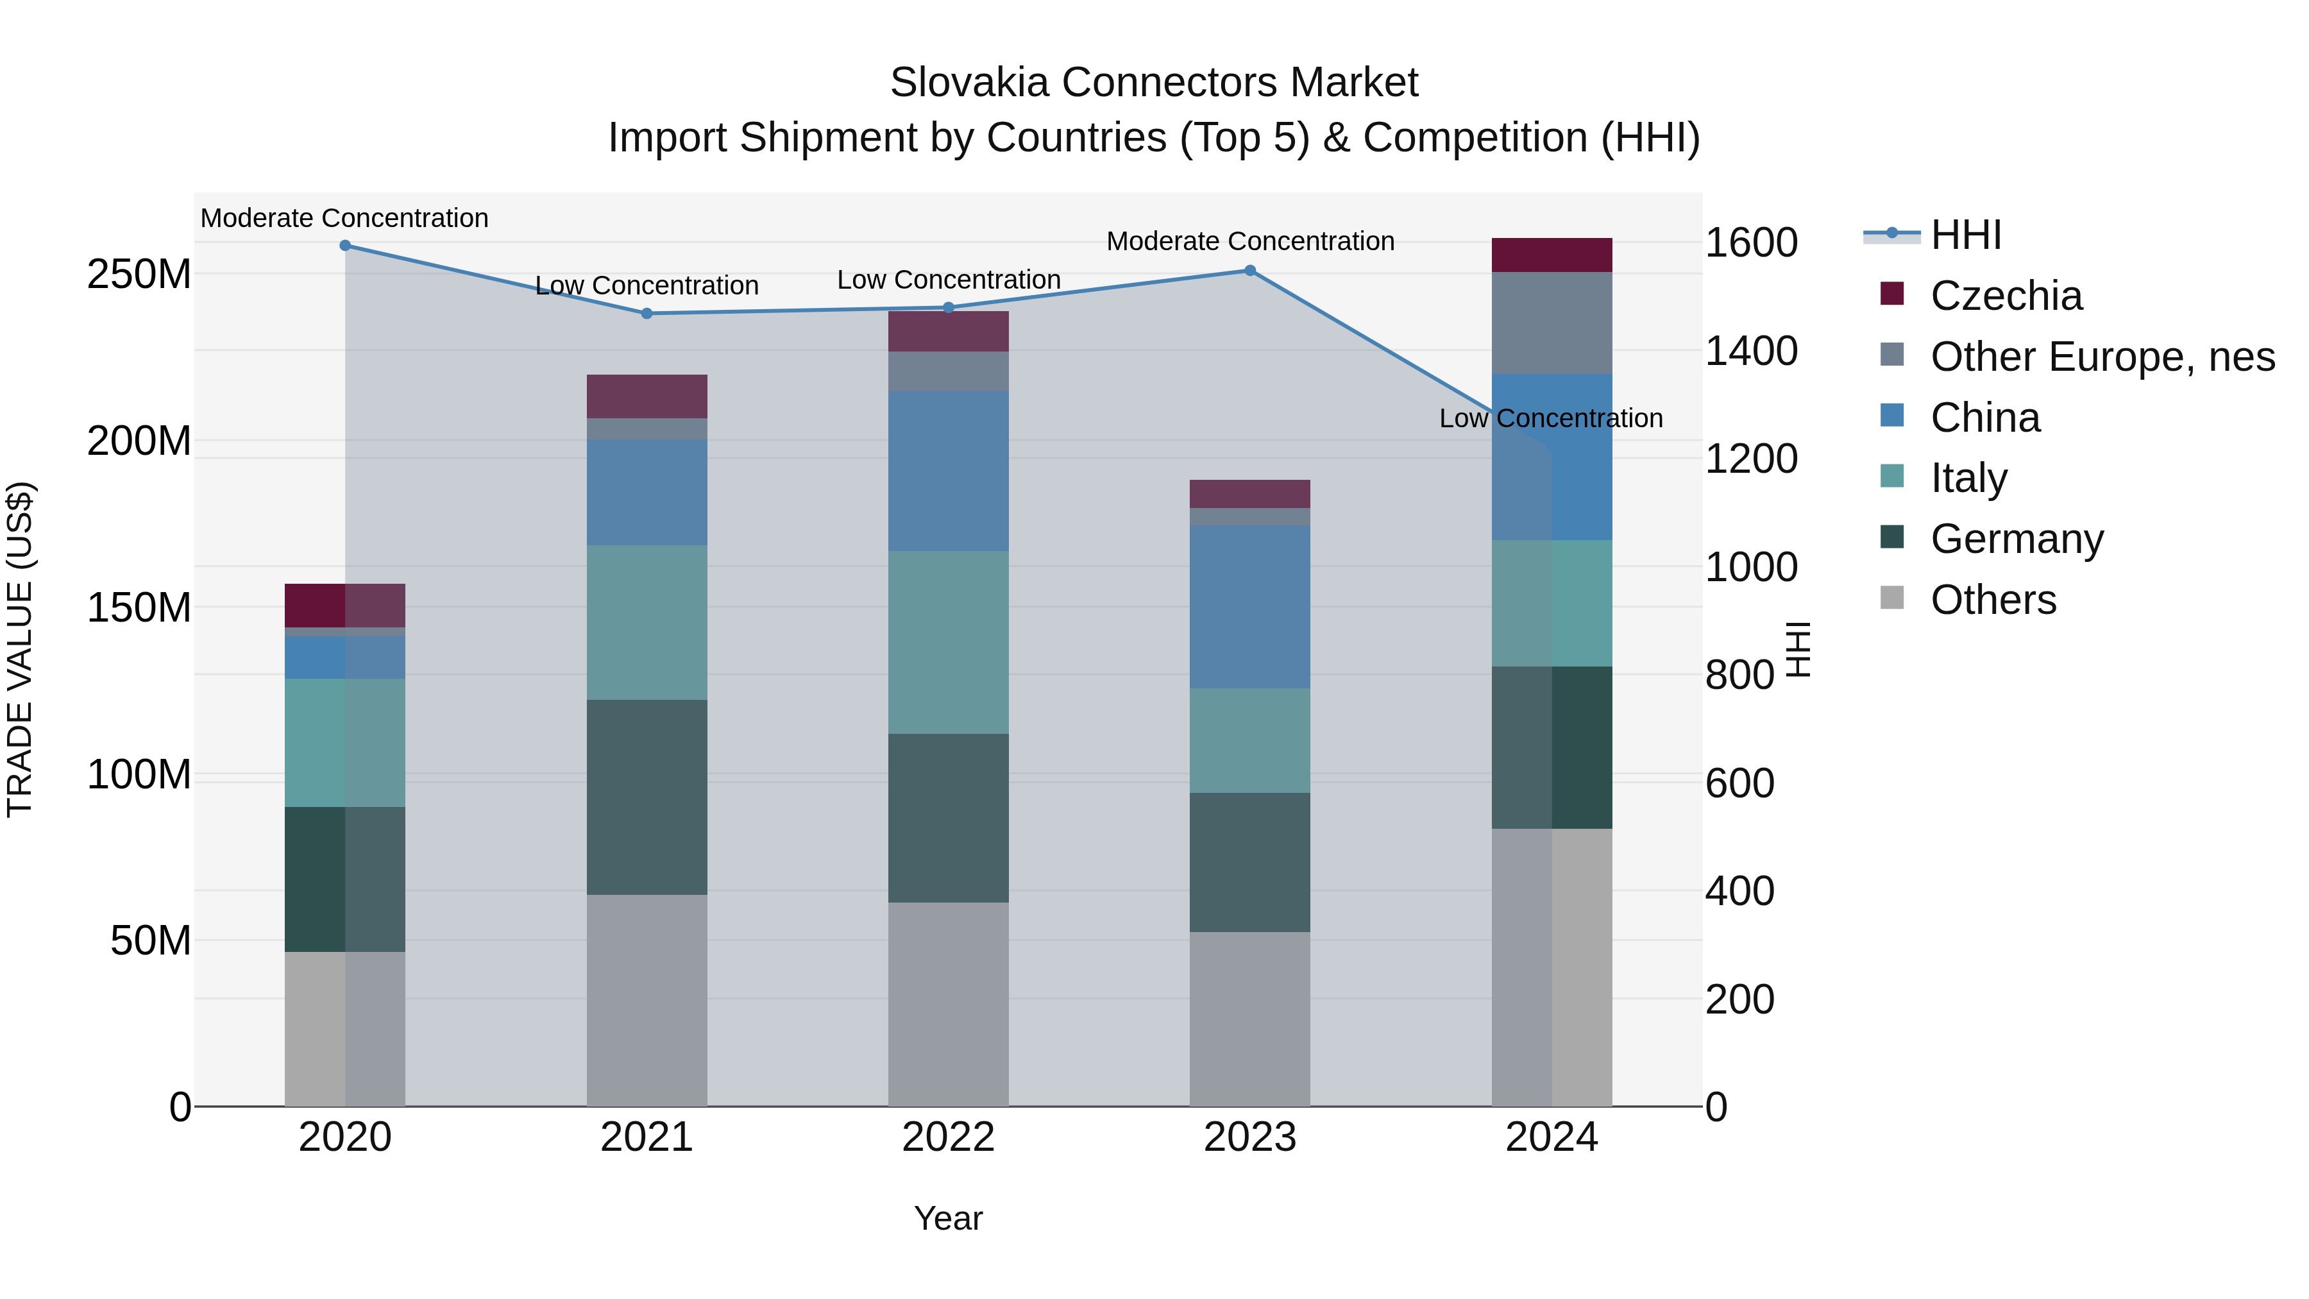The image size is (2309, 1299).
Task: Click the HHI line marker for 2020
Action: pyautogui.click(x=345, y=246)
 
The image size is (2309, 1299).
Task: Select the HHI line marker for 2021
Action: pyautogui.click(x=647, y=314)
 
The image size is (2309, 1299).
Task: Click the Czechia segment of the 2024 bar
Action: pyautogui.click(x=1552, y=255)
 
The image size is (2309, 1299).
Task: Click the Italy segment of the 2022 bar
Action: pyautogui.click(x=949, y=642)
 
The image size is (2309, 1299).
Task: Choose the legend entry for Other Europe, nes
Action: pyautogui.click(x=2102, y=357)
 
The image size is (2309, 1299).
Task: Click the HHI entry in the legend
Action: pyautogui.click(x=1965, y=235)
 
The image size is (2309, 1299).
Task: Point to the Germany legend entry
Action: pyautogui.click(x=2016, y=539)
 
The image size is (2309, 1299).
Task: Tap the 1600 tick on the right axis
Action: pyautogui.click(x=1750, y=243)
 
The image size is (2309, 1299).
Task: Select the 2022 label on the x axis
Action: pyautogui.click(x=949, y=1137)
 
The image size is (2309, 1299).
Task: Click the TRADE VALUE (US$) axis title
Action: pyautogui.click(x=21, y=649)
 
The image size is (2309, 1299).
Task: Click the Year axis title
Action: pyautogui.click(x=949, y=1218)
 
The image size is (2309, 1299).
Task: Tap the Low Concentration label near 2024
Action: pyautogui.click(x=1551, y=419)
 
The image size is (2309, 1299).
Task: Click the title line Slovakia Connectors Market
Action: pyautogui.click(x=1154, y=83)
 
